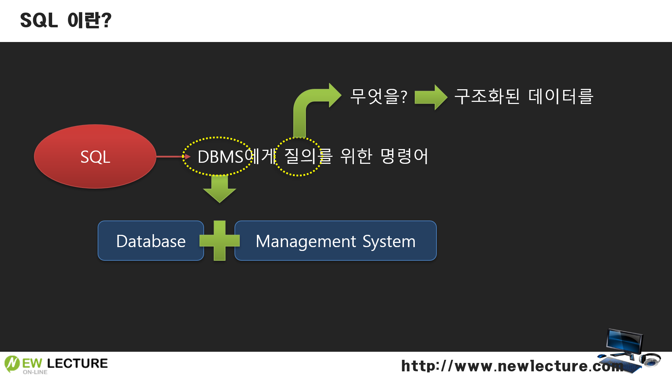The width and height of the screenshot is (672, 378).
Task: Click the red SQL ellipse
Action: pyautogui.click(x=95, y=156)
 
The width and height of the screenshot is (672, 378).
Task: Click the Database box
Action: pyautogui.click(x=151, y=241)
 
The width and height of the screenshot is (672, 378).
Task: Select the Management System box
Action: pyautogui.click(x=335, y=241)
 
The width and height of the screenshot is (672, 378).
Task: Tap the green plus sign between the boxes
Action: pyautogui.click(x=219, y=241)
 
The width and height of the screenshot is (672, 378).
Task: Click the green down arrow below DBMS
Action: pyautogui.click(x=219, y=189)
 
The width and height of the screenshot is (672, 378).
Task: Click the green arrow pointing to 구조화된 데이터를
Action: pyautogui.click(x=431, y=97)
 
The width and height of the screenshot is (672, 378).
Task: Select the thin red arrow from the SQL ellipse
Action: pyautogui.click(x=171, y=156)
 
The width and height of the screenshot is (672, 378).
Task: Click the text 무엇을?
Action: pyautogui.click(x=378, y=96)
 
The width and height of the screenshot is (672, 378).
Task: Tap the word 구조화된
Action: pyautogui.click(x=487, y=96)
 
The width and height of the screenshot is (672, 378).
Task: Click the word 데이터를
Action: pyautogui.click(x=560, y=96)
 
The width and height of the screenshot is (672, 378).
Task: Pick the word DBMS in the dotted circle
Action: pyautogui.click(x=220, y=156)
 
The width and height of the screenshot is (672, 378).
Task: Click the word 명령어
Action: pyautogui.click(x=404, y=156)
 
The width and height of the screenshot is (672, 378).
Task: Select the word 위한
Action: pyautogui.click(x=356, y=156)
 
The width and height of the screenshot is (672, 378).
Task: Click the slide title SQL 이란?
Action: pyautogui.click(x=66, y=20)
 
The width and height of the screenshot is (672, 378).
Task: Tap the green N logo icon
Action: pyautogui.click(x=12, y=364)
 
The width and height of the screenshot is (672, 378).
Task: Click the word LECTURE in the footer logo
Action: pyautogui.click(x=77, y=363)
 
